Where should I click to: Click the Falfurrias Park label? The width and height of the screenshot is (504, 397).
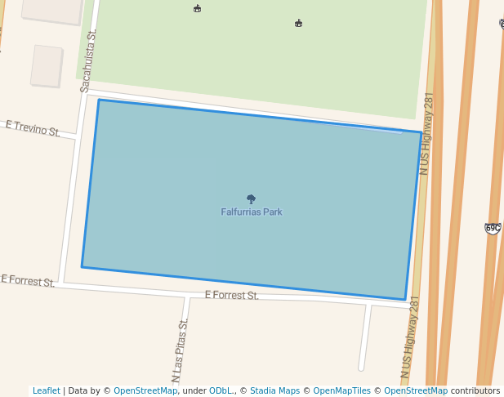[252, 212]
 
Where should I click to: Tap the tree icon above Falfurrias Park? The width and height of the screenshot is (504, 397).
[251, 198]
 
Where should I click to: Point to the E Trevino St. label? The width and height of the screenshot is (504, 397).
[33, 128]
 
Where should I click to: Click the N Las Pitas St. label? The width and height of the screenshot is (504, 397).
[179, 351]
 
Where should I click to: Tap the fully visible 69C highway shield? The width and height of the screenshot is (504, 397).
[492, 228]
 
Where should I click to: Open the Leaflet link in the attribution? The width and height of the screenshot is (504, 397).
[46, 391]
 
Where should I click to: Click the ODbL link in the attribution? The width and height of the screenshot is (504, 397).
[220, 391]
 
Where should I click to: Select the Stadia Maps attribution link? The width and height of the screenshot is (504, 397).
[274, 391]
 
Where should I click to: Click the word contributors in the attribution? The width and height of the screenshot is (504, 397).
[475, 391]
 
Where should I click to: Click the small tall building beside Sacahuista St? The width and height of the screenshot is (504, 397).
[47, 65]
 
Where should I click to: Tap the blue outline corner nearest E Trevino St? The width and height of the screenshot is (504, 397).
[99, 100]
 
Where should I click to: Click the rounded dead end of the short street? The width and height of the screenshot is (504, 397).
[361, 368]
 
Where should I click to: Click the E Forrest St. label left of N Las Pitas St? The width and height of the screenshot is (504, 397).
[28, 281]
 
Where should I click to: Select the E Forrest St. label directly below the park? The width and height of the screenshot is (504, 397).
[231, 295]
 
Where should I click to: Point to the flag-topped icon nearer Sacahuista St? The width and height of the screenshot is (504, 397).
[197, 9]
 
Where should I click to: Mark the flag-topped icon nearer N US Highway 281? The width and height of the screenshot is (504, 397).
[298, 24]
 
